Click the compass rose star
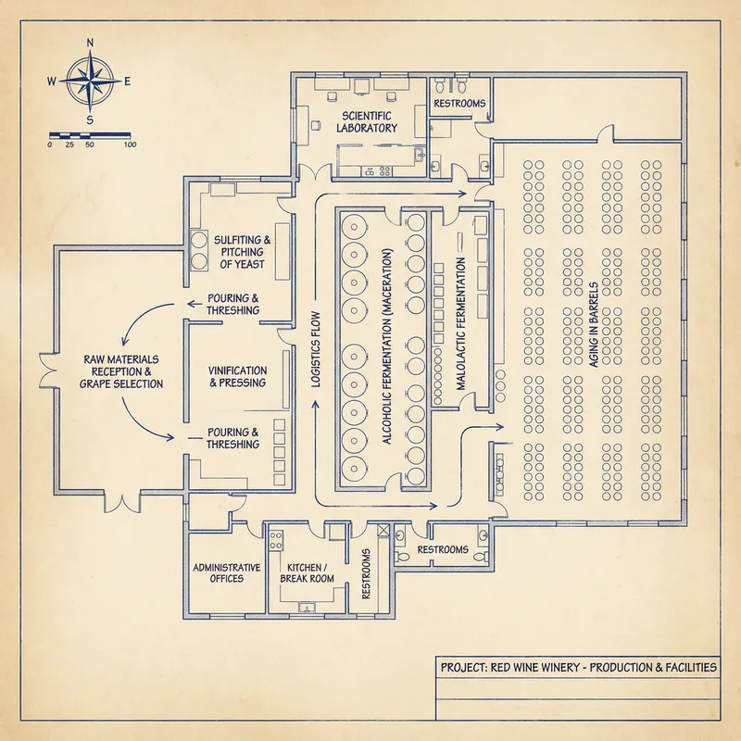click(x=90, y=81)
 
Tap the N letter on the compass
click(x=90, y=43)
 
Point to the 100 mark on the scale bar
click(x=130, y=144)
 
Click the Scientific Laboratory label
click(x=368, y=121)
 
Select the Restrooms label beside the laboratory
click(x=459, y=104)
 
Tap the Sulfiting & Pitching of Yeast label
click(x=239, y=252)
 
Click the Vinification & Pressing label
click(x=237, y=376)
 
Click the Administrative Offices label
click(x=226, y=572)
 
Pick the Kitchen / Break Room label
click(x=304, y=572)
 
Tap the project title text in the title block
click(x=578, y=667)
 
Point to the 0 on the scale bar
click(x=49, y=144)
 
